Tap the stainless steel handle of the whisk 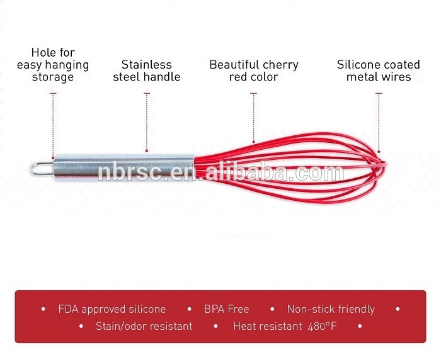pos(123,167)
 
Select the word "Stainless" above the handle pos(147,65)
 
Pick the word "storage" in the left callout pos(53,77)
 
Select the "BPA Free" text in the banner pos(227,309)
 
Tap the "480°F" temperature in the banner pos(322,326)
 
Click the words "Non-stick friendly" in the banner pos(331,310)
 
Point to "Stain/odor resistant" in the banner pos(144,326)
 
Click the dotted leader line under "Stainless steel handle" pos(147,123)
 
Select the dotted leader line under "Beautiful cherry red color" pos(254,118)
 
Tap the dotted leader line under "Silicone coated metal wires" pos(379,123)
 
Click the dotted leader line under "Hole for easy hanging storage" pos(53,126)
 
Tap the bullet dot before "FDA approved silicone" pos(43,309)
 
